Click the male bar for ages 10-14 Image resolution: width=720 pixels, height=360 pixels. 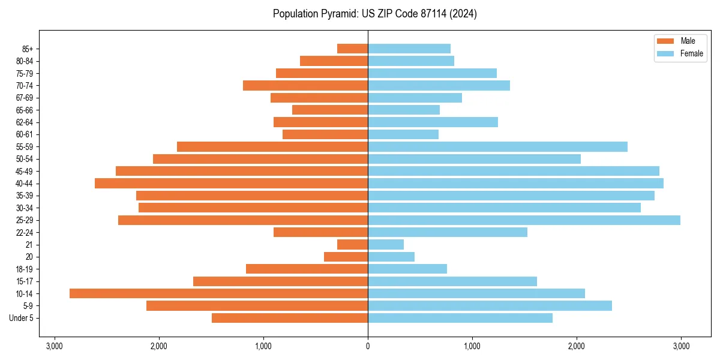218,293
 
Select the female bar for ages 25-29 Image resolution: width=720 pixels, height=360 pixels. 524,220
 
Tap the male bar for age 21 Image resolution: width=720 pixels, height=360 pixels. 352,245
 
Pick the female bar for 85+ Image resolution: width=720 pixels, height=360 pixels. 409,49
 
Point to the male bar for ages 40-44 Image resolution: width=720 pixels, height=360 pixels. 231,183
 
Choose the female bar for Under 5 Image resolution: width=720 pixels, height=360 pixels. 460,318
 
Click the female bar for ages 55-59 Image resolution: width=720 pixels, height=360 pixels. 497,146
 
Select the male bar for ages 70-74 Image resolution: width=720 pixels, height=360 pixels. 305,85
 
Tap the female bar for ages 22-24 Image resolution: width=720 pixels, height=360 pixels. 448,232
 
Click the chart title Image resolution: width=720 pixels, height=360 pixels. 374,14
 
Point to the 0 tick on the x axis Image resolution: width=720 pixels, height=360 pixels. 368,346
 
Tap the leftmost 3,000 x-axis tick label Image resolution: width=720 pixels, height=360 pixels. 55,346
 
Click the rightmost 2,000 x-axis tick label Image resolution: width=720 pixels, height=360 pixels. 577,346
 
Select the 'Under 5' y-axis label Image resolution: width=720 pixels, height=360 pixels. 21,318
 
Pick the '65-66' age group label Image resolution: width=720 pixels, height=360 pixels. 25,110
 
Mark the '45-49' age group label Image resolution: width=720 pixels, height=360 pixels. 25,171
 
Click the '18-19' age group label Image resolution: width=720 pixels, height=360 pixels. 25,269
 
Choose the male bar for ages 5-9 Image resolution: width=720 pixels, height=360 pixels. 257,306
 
